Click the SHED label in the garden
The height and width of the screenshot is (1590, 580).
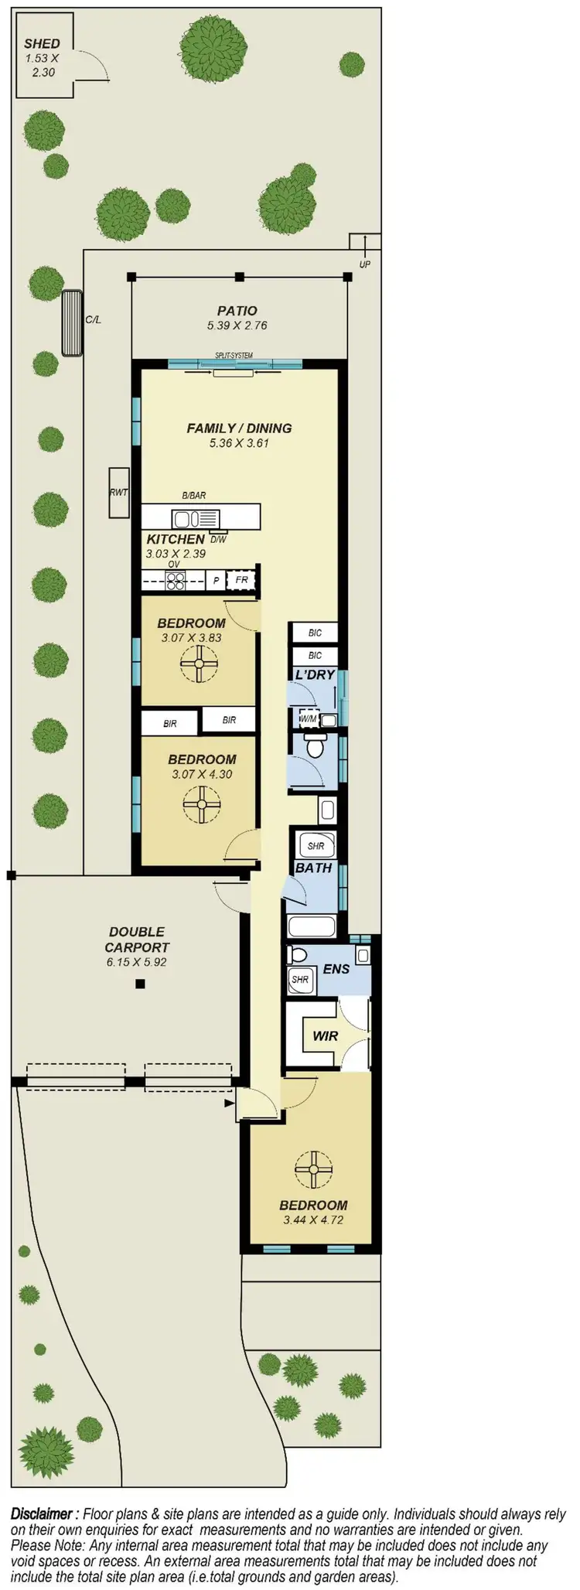42,44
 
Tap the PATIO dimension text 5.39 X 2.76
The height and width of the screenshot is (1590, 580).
237,326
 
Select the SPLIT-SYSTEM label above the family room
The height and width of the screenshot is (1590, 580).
234,356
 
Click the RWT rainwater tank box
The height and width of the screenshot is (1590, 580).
118,492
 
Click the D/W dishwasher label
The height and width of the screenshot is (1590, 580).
218,539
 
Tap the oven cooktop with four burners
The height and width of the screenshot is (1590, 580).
175,580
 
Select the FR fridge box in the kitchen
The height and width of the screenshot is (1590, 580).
241,580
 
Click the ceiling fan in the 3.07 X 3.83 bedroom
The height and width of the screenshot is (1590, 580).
200,664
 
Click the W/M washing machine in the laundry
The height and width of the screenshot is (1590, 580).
309,719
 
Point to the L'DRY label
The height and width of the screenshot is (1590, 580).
315,674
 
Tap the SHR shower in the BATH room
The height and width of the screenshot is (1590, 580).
316,845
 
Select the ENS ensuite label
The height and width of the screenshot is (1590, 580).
336,968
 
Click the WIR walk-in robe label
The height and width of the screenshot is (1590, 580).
325,1036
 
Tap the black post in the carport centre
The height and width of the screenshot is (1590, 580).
139,984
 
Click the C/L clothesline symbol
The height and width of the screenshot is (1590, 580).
72,322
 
